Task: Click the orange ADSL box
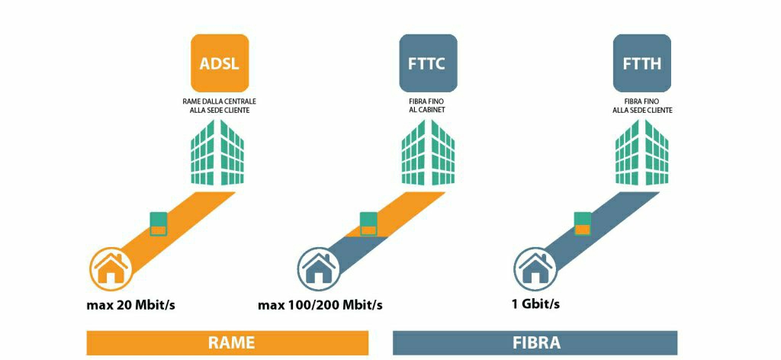(220, 63)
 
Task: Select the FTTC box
(428, 63)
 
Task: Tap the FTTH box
(642, 63)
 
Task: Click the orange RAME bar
(227, 342)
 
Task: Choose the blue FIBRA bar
(535, 342)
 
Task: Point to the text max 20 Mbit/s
(136, 307)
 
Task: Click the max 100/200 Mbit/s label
(320, 307)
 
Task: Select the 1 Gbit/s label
(535, 305)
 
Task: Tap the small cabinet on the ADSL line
(159, 223)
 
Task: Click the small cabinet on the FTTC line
(368, 223)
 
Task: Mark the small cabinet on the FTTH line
(583, 223)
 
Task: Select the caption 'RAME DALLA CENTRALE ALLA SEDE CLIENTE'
(219, 105)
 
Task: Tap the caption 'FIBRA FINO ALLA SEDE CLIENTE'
(642, 105)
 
